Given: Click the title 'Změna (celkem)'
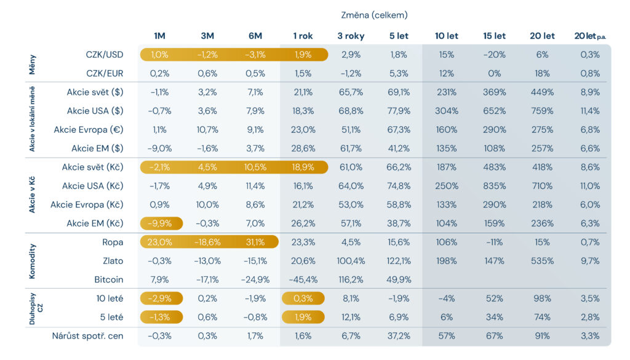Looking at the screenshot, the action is coord(374,15).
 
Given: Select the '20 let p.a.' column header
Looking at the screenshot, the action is coord(590,36).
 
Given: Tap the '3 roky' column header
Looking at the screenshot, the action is coord(351,36).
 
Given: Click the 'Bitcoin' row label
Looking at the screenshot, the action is coord(108,279).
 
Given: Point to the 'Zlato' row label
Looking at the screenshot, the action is coord(113,261).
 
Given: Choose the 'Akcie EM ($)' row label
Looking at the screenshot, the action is coord(97,148).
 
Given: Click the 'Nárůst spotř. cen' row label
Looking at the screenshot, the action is coord(87,336).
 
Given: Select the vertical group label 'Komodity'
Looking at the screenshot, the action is coord(32,261).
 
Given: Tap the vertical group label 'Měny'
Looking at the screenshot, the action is coord(32,64).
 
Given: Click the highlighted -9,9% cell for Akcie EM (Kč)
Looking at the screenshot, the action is coord(161,223).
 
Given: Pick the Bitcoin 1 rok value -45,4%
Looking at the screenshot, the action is coord(303,279).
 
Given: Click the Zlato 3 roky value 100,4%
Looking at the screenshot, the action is coord(351,261).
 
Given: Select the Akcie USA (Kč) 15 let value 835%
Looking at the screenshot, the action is coord(494,186).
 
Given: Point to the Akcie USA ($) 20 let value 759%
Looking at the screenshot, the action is coord(542,111).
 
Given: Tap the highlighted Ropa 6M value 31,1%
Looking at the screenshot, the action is coord(255,242).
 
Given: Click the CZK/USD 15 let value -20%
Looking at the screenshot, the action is coord(494,55).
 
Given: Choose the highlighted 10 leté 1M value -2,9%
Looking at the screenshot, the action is coord(161,298).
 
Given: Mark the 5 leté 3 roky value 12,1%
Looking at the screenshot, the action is coord(351,317).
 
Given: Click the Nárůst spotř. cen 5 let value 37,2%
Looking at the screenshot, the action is coord(399,336).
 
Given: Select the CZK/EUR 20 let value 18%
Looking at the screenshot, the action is coord(542,73).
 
